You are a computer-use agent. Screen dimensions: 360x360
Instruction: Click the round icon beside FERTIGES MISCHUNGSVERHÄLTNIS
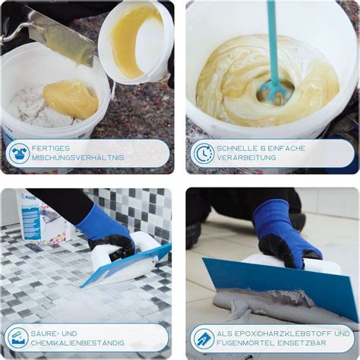point(18,153)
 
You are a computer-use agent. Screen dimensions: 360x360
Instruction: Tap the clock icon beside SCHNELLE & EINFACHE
point(203,153)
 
